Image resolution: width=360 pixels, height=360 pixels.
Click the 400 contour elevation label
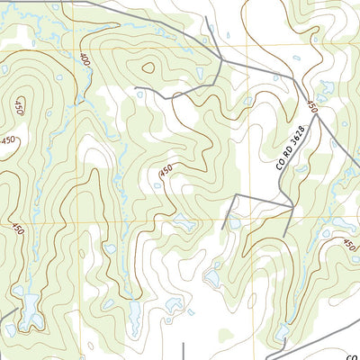pos(85,59)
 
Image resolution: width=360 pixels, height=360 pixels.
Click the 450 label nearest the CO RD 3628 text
pos(313,106)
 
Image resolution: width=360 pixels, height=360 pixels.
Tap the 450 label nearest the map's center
pos(166,169)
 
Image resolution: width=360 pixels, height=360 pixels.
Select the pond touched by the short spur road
pos(233,220)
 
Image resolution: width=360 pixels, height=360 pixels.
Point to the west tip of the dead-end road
pos(136,88)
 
